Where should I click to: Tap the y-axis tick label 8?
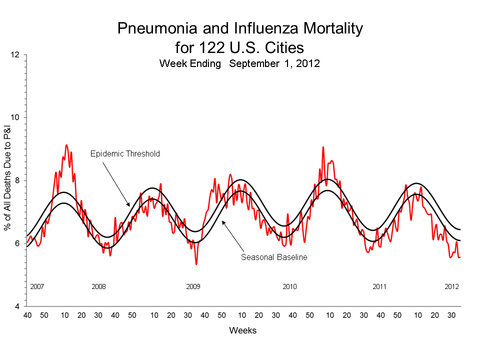click(x=17, y=180)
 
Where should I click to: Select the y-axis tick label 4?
click(x=17, y=306)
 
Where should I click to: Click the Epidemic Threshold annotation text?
click(x=125, y=153)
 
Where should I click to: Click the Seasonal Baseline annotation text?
click(x=273, y=257)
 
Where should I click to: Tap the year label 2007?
click(x=37, y=287)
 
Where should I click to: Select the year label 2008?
click(x=99, y=287)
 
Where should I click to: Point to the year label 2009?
click(x=193, y=287)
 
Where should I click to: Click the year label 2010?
click(x=289, y=287)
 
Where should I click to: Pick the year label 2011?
click(x=380, y=287)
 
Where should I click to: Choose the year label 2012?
click(x=452, y=287)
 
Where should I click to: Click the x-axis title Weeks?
click(x=243, y=330)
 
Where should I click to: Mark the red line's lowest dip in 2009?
click(x=196, y=263)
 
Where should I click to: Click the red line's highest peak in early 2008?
click(x=66, y=145)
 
